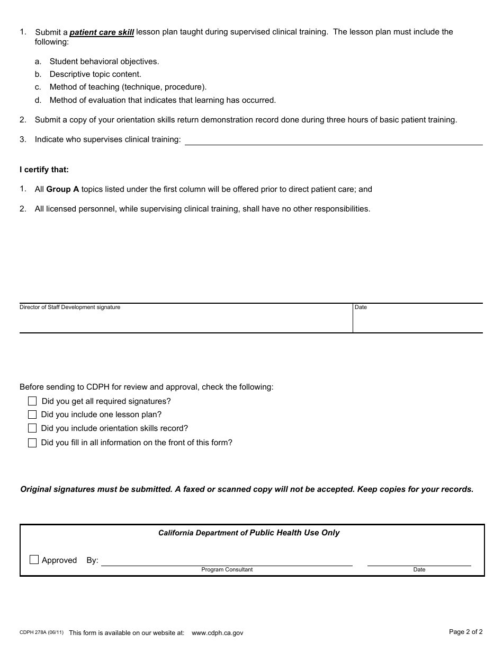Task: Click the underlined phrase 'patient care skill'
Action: [x=102, y=32]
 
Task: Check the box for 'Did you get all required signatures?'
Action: [x=32, y=401]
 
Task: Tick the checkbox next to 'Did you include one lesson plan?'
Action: [x=32, y=415]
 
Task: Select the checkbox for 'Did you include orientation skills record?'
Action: [x=32, y=428]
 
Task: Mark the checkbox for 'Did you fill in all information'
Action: [x=32, y=443]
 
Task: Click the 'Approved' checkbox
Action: [x=34, y=560]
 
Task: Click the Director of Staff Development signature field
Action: [x=185, y=320]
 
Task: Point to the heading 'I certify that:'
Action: [x=44, y=170]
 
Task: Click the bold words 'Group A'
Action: [x=62, y=189]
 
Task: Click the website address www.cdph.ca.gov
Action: [x=217, y=633]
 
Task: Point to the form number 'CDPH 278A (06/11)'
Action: [x=41, y=632]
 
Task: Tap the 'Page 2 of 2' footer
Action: [x=465, y=632]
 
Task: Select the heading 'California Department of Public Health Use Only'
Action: [x=249, y=533]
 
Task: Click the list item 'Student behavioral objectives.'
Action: [x=104, y=61]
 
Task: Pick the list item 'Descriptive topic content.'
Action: [x=95, y=74]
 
